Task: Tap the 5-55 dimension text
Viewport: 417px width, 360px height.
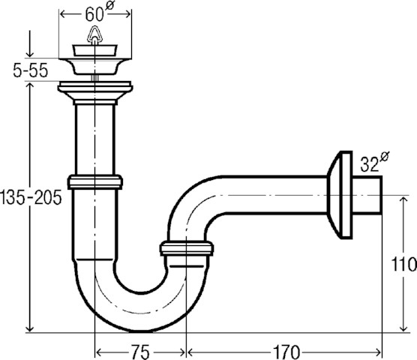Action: (31, 70)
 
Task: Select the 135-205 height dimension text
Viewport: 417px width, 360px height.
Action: (31, 198)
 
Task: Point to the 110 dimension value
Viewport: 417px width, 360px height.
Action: (403, 264)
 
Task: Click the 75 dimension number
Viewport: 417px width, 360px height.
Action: (140, 352)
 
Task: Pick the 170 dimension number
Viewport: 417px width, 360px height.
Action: (286, 352)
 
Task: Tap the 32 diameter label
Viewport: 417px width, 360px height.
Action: (374, 162)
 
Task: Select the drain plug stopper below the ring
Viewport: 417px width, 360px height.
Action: (94, 50)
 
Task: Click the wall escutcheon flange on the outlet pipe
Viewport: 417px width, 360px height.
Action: (340, 195)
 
